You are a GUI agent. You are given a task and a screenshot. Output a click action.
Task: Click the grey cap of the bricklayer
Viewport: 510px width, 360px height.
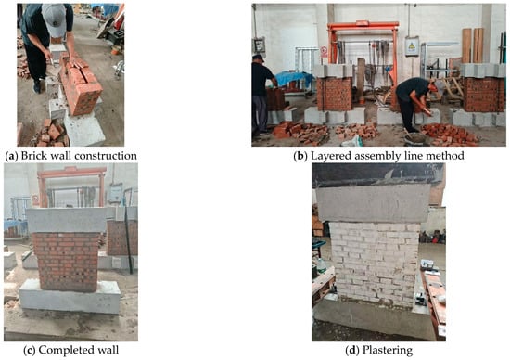tap(54, 19)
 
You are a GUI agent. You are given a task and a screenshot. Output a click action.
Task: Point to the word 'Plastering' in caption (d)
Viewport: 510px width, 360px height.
tap(387, 350)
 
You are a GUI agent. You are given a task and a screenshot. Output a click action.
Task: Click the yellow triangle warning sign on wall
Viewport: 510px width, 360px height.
tap(412, 46)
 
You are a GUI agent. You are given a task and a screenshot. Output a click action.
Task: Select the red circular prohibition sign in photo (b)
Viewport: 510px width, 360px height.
tap(324, 50)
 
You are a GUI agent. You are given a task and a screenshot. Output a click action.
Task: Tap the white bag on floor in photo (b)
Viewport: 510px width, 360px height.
tap(353, 141)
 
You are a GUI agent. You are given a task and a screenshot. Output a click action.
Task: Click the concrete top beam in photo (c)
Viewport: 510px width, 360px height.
tap(67, 220)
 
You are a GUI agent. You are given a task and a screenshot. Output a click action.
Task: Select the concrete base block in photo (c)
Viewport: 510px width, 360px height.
tap(70, 297)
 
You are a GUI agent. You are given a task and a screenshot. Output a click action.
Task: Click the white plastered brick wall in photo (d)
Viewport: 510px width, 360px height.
tap(375, 264)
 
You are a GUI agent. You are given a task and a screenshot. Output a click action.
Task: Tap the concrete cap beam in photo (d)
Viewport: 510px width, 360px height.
tap(373, 202)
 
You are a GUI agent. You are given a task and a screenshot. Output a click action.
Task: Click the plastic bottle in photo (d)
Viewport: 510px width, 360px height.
tap(322, 265)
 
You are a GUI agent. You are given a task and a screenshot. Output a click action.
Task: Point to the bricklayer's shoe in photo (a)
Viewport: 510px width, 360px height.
tap(37, 87)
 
